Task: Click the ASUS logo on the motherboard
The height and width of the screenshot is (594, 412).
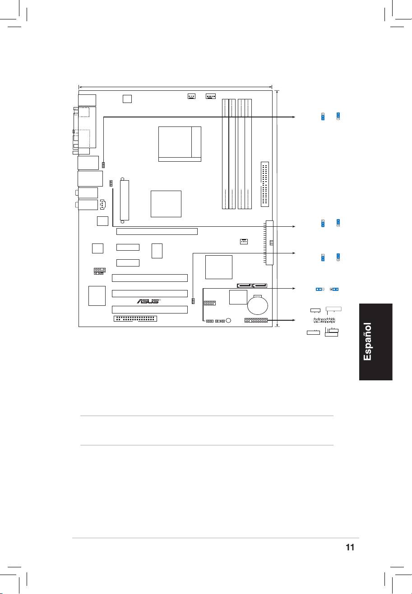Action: [x=148, y=301]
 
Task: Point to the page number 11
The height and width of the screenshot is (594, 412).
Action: [x=350, y=547]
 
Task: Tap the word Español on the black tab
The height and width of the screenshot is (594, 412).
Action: [x=367, y=341]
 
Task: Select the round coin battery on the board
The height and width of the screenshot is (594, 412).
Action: [x=258, y=305]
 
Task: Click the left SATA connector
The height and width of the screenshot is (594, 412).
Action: [x=244, y=286]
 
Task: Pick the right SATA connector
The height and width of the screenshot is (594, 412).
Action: [x=259, y=286]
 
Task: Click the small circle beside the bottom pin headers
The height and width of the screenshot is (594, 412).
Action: [x=228, y=321]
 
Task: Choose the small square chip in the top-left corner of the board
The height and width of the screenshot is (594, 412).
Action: [x=127, y=98]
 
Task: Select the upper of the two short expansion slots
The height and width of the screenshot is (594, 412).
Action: [x=128, y=247]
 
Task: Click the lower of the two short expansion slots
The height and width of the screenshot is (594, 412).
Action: [x=128, y=263]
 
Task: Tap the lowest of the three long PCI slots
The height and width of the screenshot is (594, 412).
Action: [x=150, y=309]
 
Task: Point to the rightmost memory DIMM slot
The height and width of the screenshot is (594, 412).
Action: [x=248, y=154]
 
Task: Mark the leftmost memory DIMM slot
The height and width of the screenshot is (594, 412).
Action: [x=225, y=154]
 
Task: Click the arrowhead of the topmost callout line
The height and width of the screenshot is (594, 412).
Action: [x=294, y=117]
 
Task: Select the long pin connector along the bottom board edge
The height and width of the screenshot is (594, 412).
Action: [x=135, y=318]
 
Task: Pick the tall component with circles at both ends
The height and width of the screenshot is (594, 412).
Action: [x=125, y=200]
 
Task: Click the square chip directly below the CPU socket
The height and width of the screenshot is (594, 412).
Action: [x=166, y=204]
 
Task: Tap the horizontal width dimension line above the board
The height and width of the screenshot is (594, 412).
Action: [x=176, y=87]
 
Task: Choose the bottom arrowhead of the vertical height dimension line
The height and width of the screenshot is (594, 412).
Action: [x=277, y=325]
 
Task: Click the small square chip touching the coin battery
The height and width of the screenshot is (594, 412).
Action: [x=238, y=297]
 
